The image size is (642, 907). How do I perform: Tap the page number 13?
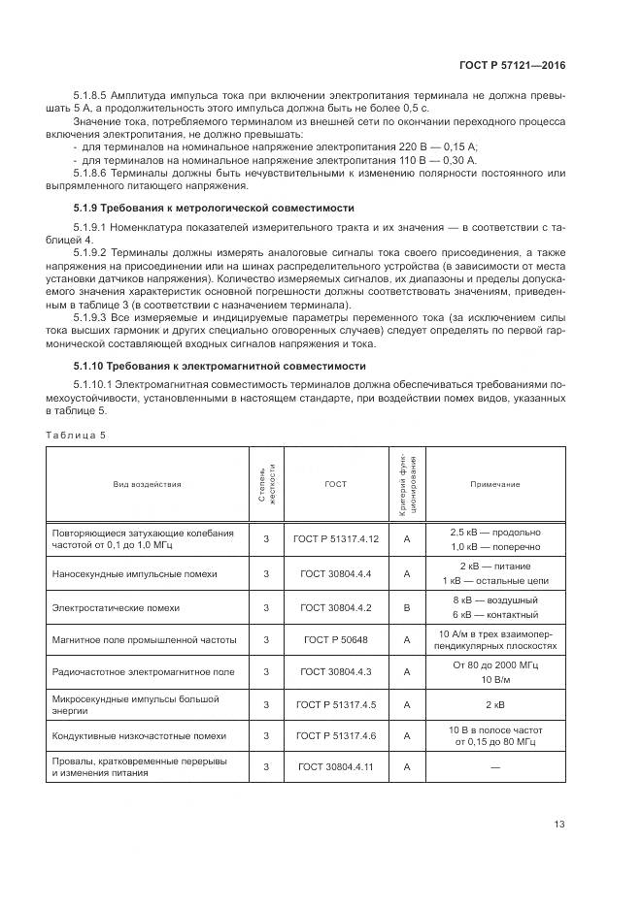pyautogui.click(x=558, y=825)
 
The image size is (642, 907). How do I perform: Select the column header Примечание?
pyautogui.click(x=495, y=484)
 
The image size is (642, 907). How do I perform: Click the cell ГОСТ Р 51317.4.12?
pyautogui.click(x=335, y=538)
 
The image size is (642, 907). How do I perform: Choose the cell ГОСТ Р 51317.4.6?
pyautogui.click(x=335, y=736)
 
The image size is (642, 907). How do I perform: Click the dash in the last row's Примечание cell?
pyautogui.click(x=495, y=767)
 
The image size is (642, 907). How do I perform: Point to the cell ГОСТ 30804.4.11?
pyautogui.click(x=335, y=767)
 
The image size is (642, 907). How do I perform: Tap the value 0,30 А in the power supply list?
pyautogui.click(x=456, y=158)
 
